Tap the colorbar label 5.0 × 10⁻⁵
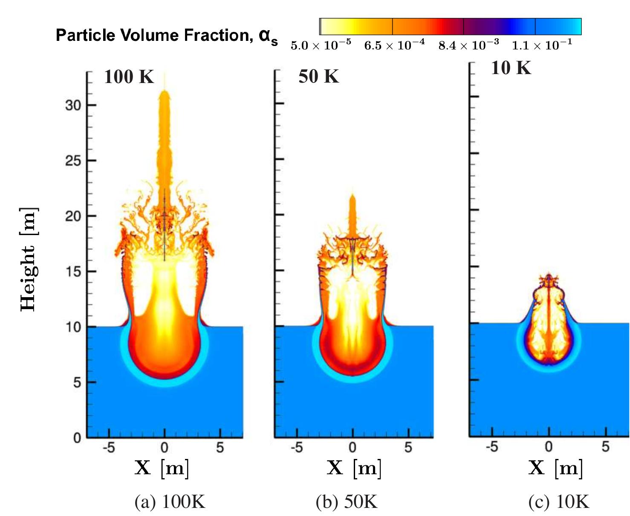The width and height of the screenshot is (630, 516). pyautogui.click(x=321, y=45)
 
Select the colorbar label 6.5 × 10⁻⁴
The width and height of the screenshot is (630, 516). pyautogui.click(x=394, y=45)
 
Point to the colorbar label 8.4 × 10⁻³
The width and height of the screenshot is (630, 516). pyautogui.click(x=469, y=45)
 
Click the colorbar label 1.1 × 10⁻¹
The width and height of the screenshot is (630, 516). pyautogui.click(x=542, y=45)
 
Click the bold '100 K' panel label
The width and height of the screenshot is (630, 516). pyautogui.click(x=129, y=77)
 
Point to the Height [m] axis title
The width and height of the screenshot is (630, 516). pyautogui.click(x=29, y=259)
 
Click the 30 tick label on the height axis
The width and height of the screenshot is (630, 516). pyautogui.click(x=73, y=105)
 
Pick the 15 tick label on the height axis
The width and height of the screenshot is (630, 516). pyautogui.click(x=73, y=272)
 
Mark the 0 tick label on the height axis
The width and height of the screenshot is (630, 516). pyautogui.click(x=77, y=438)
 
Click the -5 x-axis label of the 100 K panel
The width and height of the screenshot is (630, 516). pyautogui.click(x=109, y=447)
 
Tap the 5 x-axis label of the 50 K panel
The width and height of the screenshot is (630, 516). pyautogui.click(x=408, y=447)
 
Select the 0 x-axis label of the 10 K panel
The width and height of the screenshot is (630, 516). pyautogui.click(x=549, y=447)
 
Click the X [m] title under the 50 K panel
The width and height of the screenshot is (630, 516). pyautogui.click(x=354, y=468)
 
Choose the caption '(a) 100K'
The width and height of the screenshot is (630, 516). pyautogui.click(x=170, y=502)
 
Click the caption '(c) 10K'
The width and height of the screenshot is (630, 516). pyautogui.click(x=559, y=502)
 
